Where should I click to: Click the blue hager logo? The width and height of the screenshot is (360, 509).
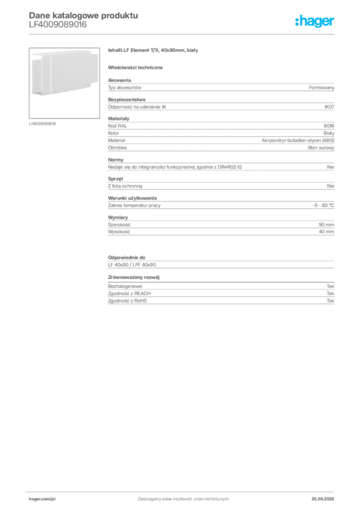(x=316, y=22)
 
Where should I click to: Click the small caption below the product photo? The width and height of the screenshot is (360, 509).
(x=43, y=123)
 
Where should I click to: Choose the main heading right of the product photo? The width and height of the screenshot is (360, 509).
(x=153, y=51)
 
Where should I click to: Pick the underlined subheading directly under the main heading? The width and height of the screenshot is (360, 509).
(x=137, y=67)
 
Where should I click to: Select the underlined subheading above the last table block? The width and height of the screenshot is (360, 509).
(x=134, y=276)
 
